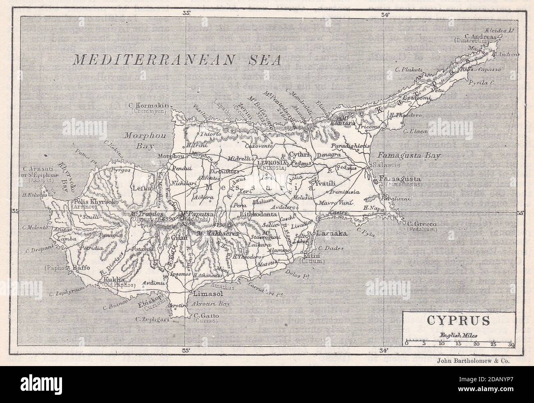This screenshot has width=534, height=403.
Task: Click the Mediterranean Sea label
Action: (x=177, y=60)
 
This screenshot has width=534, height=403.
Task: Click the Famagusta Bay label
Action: (x=409, y=156)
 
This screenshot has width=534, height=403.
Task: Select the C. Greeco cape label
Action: (x=421, y=224)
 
